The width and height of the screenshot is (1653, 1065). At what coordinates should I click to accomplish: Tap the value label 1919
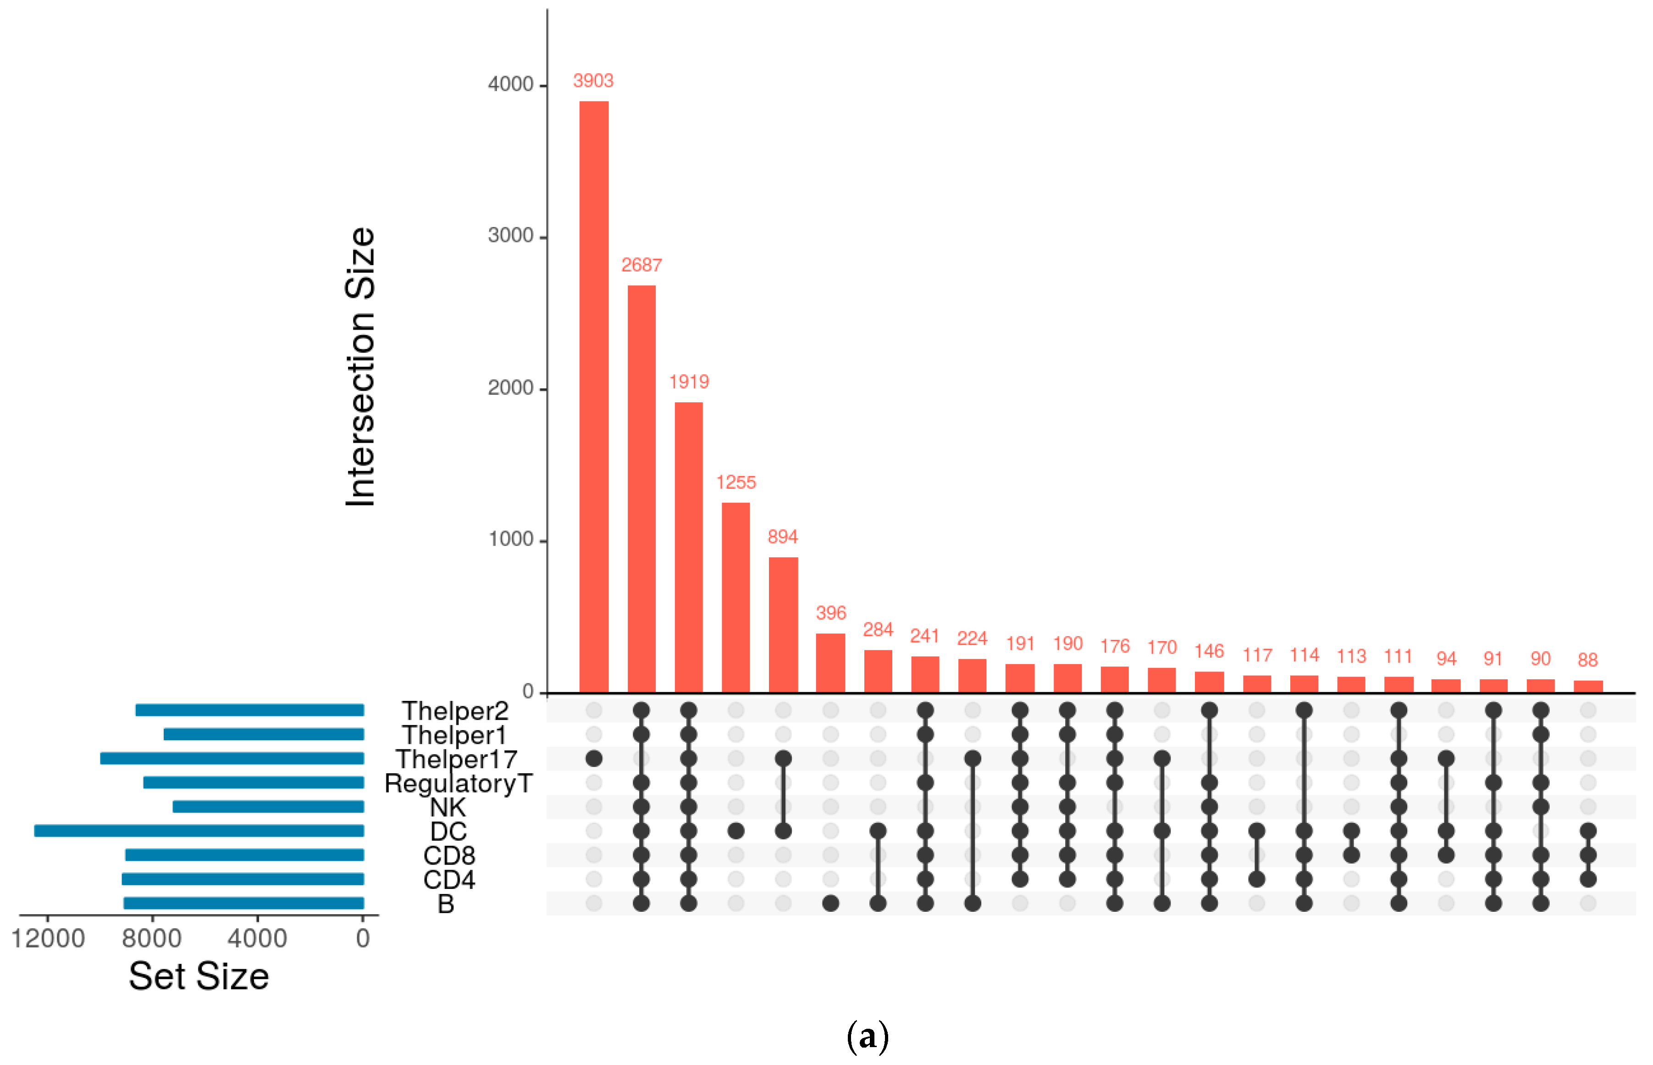pyautogui.click(x=689, y=382)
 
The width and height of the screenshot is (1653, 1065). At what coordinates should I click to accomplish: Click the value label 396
pyautogui.click(x=830, y=613)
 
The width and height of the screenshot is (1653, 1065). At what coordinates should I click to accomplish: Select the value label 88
pyautogui.click(x=1587, y=660)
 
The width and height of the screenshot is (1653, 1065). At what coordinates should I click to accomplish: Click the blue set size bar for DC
pyautogui.click(x=199, y=831)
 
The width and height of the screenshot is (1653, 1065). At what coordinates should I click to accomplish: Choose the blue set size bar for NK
pyautogui.click(x=268, y=806)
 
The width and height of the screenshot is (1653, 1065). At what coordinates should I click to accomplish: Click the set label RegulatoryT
pyautogui.click(x=459, y=783)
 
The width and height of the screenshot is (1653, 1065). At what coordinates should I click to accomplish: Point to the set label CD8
pyautogui.click(x=449, y=855)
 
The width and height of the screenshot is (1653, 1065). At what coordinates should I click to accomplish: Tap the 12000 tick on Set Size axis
pyautogui.click(x=48, y=938)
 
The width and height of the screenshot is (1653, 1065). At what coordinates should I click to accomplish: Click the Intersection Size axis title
pyautogui.click(x=360, y=366)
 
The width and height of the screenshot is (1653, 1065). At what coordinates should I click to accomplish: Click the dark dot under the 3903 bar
pyautogui.click(x=593, y=759)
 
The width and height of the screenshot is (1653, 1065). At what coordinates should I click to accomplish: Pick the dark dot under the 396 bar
pyautogui.click(x=830, y=903)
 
